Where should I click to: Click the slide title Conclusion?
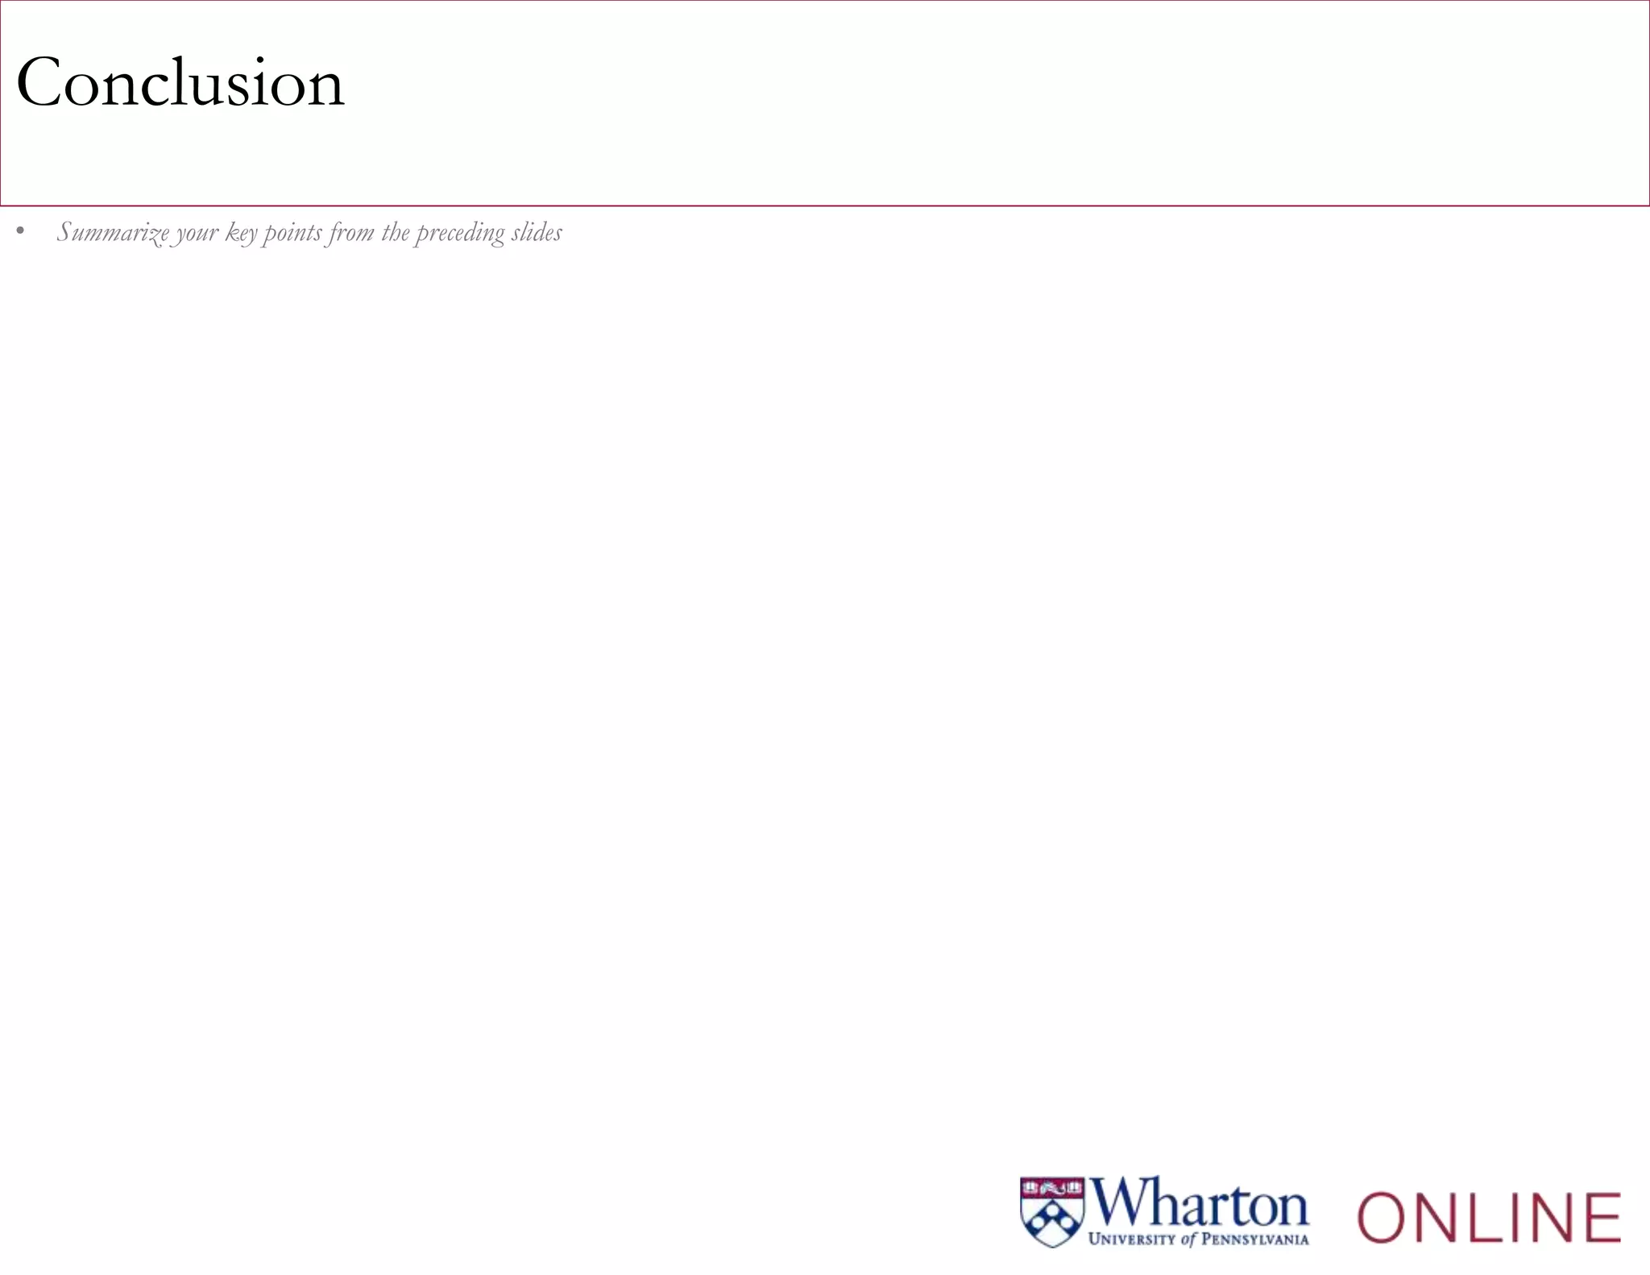(180, 83)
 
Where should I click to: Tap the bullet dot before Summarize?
(20, 233)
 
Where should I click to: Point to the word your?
(197, 233)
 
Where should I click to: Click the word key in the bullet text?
(241, 233)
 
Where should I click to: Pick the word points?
(292, 233)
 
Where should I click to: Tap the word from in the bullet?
(351, 232)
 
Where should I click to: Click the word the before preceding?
(396, 232)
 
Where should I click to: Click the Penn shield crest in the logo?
(1052, 1212)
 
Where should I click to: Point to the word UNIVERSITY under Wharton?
(1131, 1240)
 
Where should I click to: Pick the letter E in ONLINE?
(1598, 1217)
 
